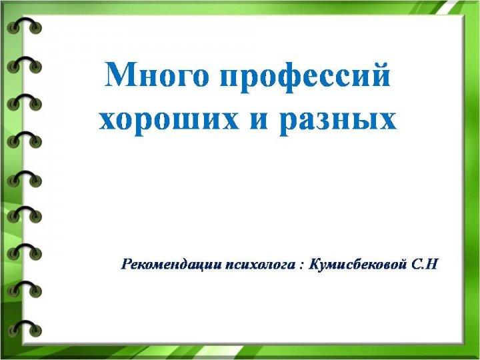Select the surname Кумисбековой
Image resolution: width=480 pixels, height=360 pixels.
[x=358, y=264]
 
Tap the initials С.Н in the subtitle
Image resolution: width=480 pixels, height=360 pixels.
[x=425, y=264]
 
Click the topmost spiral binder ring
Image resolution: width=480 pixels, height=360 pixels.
[x=24, y=25]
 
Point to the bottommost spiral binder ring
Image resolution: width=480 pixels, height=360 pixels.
[x=25, y=328]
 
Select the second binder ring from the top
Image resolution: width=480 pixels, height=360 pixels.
[x=24, y=64]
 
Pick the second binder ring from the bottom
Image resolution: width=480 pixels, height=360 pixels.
[x=25, y=289]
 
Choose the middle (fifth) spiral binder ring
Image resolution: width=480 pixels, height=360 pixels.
[x=25, y=179]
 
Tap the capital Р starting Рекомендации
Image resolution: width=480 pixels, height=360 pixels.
[x=127, y=264]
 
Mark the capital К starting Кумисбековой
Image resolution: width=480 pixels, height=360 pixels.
[x=315, y=264]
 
